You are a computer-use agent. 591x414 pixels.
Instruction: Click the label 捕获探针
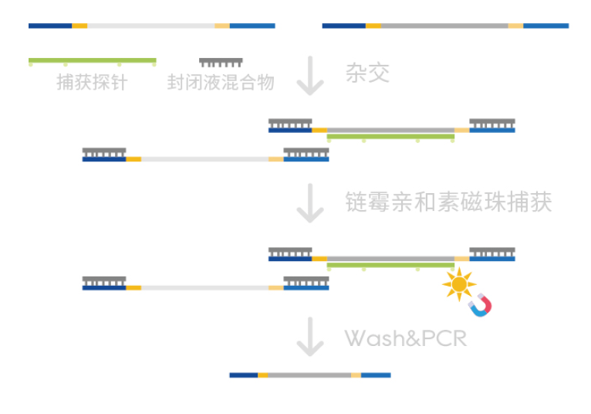tap(91, 82)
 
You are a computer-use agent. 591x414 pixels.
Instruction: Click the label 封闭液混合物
tap(221, 82)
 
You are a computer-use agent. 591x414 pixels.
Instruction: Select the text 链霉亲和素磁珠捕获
tap(448, 202)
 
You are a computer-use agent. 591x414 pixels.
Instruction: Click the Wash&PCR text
tap(405, 338)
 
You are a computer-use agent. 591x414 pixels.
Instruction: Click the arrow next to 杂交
tap(310, 75)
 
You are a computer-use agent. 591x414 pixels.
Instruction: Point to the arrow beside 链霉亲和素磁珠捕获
tap(310, 203)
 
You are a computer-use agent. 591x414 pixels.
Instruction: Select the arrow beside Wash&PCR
tap(310, 337)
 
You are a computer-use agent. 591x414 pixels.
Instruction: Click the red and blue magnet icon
tap(480, 306)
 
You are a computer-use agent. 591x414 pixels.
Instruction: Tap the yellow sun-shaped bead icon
tap(459, 284)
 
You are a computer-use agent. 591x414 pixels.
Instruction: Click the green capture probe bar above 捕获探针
tap(92, 60)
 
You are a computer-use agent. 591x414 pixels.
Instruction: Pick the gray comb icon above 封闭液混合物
tap(221, 62)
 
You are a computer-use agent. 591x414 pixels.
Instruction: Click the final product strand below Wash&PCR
tap(309, 375)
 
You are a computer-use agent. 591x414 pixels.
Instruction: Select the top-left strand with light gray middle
tap(151, 25)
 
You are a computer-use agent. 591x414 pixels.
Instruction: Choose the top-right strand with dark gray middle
tap(445, 25)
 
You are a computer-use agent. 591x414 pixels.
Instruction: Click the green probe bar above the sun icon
tap(390, 266)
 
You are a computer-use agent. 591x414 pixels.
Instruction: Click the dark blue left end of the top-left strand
tap(50, 25)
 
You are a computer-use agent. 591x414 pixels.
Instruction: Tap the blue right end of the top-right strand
tap(545, 25)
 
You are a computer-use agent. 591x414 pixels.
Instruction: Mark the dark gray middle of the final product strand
tap(309, 375)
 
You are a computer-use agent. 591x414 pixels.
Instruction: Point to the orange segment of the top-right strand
tap(373, 25)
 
